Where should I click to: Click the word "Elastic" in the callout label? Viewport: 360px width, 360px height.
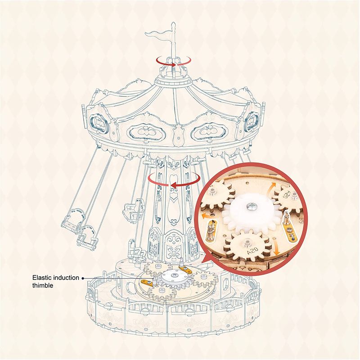click(x=42, y=278)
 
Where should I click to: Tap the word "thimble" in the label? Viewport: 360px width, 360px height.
click(x=43, y=285)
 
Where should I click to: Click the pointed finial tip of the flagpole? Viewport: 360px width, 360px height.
click(x=174, y=23)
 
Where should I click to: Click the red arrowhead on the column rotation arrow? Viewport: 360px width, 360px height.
click(x=173, y=185)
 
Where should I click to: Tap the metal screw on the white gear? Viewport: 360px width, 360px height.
click(x=249, y=206)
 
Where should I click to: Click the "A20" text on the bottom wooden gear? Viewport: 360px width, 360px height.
click(x=252, y=250)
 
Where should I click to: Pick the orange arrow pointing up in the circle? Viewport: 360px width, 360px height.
click(x=270, y=189)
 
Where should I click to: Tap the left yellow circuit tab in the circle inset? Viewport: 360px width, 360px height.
click(x=211, y=231)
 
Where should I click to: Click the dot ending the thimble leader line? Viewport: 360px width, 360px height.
click(x=83, y=278)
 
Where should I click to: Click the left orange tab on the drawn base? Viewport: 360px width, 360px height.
click(x=147, y=282)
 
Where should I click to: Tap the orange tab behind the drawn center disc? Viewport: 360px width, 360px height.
click(x=185, y=269)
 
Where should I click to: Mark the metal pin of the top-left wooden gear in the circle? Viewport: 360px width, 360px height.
click(x=213, y=191)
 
